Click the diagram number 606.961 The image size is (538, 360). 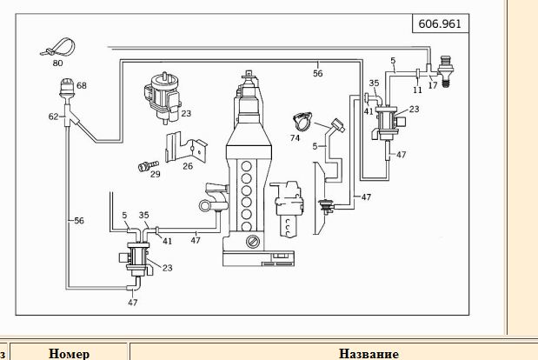(440, 23)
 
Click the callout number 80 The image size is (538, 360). (57, 63)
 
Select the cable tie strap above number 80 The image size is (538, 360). (58, 47)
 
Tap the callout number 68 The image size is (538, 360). (82, 85)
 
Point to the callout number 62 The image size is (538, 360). (53, 117)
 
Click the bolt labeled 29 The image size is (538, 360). (148, 166)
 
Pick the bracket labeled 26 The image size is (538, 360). (186, 147)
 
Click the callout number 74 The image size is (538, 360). (295, 138)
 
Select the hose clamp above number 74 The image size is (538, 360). (302, 121)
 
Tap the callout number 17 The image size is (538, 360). (433, 85)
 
